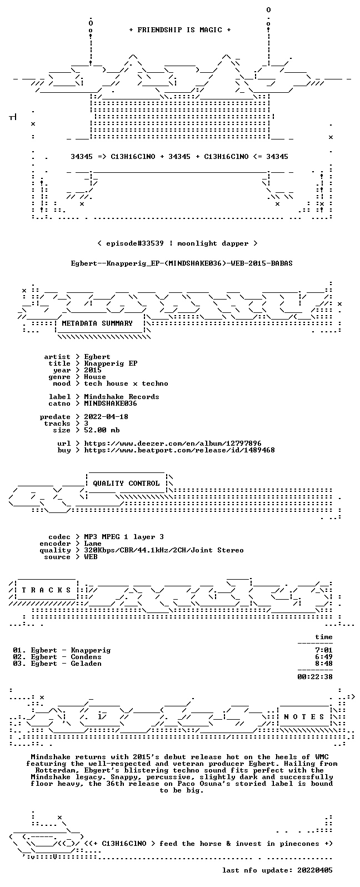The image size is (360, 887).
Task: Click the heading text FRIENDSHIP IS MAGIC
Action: [180, 30]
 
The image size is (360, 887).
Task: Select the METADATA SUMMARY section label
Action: [97, 323]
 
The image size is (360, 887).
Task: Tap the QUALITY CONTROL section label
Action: [126, 483]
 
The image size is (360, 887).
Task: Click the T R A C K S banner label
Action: [46, 590]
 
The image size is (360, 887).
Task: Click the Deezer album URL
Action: [173, 443]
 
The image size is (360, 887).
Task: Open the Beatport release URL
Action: [179, 450]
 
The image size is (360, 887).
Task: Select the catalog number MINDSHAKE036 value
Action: [111, 403]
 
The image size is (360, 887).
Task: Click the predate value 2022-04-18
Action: [106, 417]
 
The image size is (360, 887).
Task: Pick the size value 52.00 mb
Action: [102, 430]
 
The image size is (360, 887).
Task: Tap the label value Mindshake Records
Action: [122, 397]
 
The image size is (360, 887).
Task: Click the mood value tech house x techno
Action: [126, 383]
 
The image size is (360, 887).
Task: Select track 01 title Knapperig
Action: [91, 650]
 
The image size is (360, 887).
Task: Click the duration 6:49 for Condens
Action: [323, 657]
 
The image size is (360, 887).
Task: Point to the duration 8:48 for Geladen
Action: [323, 664]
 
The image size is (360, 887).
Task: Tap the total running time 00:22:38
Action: [315, 677]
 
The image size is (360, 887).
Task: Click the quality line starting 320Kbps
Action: [163, 550]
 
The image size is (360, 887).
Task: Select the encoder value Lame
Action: [93, 544]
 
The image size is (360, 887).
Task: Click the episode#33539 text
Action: [134, 243]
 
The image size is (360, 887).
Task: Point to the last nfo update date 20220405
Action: [315, 870]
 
